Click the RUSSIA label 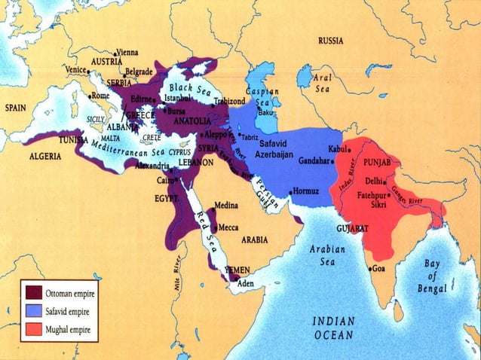332,40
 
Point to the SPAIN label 16,108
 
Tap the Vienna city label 127,53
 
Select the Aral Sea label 323,83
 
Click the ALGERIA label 45,157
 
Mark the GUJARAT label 351,227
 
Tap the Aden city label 246,284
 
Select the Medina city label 226,205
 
